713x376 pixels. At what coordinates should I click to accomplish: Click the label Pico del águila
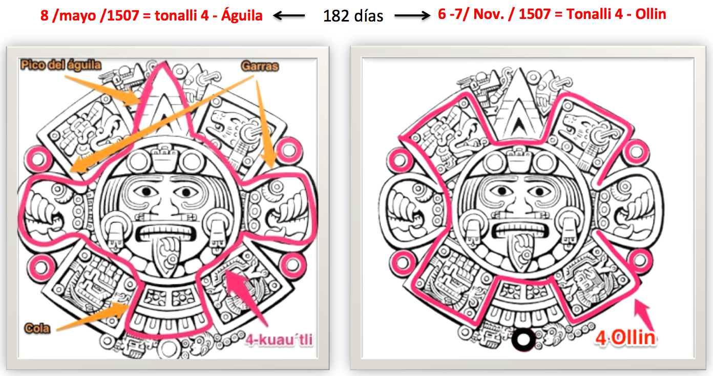point(61,65)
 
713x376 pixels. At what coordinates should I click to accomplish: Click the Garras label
point(260,66)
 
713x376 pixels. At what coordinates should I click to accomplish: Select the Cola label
point(37,328)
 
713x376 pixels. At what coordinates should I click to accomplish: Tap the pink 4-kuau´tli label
point(279,340)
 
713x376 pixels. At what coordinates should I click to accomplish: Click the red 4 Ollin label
point(625,338)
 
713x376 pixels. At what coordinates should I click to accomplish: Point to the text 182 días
point(353,16)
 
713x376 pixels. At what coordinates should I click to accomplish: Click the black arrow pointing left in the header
point(289,15)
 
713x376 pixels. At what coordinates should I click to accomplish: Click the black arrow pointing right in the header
point(412,15)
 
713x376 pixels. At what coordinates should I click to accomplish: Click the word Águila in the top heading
point(242,15)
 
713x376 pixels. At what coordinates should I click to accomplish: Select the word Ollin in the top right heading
point(651,14)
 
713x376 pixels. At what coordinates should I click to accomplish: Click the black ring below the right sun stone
point(523,340)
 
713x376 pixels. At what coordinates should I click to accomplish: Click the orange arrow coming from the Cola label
point(93,316)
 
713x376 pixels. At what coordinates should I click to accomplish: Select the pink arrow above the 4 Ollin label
point(644,315)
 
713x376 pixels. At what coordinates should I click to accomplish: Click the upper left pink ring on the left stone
point(38,159)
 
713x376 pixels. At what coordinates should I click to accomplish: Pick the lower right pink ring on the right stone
point(640,260)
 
